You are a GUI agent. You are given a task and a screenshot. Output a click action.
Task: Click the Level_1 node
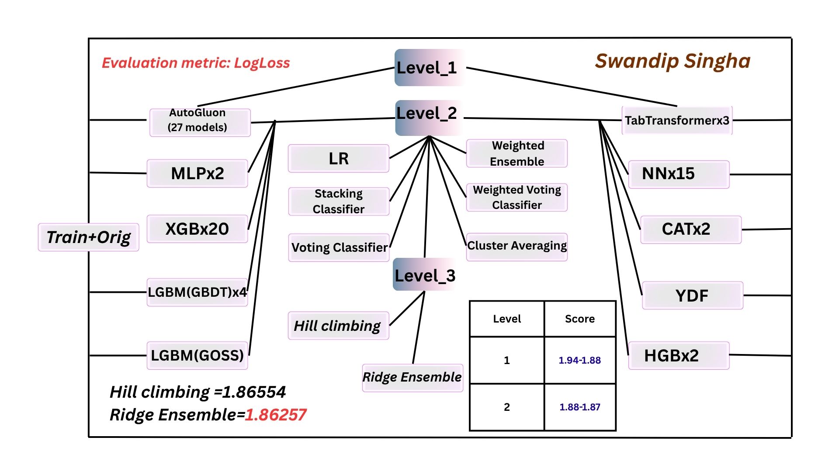pyautogui.click(x=427, y=68)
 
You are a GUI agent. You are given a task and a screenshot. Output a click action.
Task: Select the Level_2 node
pyautogui.click(x=427, y=114)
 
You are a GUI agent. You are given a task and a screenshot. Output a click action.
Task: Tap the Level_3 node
pyautogui.click(x=425, y=276)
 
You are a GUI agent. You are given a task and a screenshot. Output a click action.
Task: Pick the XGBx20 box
pyautogui.click(x=197, y=229)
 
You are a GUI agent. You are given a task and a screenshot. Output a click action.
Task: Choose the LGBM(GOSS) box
pyautogui.click(x=197, y=355)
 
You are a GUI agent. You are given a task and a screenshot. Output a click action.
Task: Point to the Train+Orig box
pyautogui.click(x=88, y=237)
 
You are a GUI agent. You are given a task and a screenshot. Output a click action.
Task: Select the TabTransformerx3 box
pyautogui.click(x=677, y=120)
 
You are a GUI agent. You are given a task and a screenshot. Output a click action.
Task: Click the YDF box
pyautogui.click(x=692, y=295)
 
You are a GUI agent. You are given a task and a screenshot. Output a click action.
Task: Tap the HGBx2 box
pyautogui.click(x=678, y=355)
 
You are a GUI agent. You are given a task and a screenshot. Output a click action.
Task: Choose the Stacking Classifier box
pyautogui.click(x=339, y=201)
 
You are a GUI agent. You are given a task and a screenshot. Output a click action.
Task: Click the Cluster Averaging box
pyautogui.click(x=517, y=246)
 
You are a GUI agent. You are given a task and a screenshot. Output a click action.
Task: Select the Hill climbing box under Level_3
pyautogui.click(x=338, y=326)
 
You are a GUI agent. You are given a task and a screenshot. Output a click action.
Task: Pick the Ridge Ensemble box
pyautogui.click(x=412, y=377)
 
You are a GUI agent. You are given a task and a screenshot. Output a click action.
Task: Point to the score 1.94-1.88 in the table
pyautogui.click(x=579, y=360)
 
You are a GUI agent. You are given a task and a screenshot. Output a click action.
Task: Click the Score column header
pyautogui.click(x=579, y=319)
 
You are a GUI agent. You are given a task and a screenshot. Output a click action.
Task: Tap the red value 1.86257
pyautogui.click(x=276, y=415)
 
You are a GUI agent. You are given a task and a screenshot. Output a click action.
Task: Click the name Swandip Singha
pyautogui.click(x=673, y=61)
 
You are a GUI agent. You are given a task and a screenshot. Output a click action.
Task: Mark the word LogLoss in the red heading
pyautogui.click(x=262, y=63)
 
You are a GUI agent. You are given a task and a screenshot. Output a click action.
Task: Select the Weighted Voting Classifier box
pyautogui.click(x=517, y=198)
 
